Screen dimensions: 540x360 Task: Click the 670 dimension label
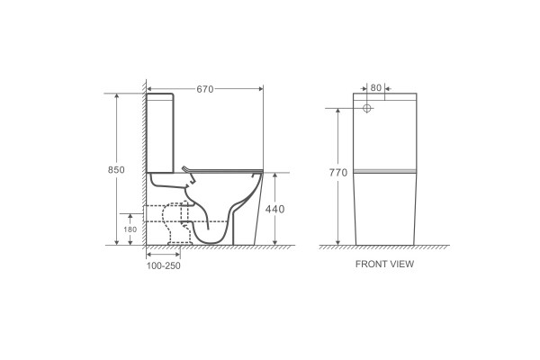[205, 89]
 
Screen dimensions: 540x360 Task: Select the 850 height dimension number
[116, 170]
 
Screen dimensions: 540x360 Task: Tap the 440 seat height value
[274, 209]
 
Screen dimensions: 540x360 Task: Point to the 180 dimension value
[130, 229]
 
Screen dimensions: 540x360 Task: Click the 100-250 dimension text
[164, 266]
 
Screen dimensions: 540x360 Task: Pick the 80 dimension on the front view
[376, 88]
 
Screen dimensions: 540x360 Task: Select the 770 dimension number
[338, 173]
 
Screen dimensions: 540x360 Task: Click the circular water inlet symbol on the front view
[367, 108]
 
